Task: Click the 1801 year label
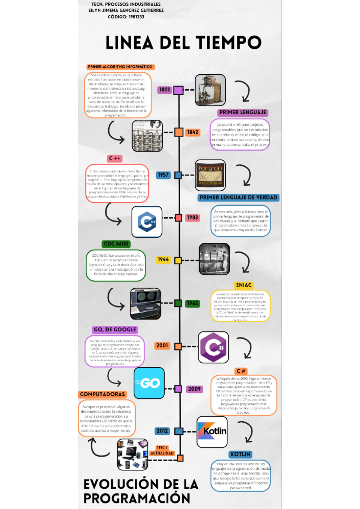[164, 90]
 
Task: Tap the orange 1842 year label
[193, 132]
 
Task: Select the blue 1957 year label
[163, 175]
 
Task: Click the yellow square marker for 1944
[178, 260]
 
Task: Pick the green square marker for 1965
[178, 303]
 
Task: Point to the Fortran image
[210, 175]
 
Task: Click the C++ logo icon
[147, 222]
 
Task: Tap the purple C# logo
[213, 347]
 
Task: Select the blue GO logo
[149, 383]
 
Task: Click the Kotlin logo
[212, 432]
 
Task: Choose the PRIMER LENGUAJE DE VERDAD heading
[238, 198]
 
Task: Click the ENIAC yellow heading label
[244, 285]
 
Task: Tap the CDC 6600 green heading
[116, 244]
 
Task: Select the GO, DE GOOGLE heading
[115, 329]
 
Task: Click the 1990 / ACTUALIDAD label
[162, 451]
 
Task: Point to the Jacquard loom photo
[210, 90]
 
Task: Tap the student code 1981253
[136, 17]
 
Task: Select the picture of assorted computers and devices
[132, 454]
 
